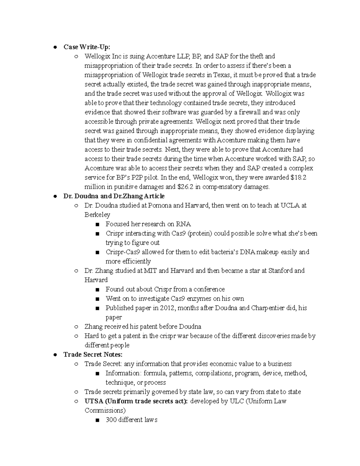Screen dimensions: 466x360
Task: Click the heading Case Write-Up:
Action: [x=87, y=47]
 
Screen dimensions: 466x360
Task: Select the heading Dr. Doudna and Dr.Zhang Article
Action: [x=114, y=196]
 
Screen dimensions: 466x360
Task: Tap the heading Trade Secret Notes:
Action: [x=93, y=355]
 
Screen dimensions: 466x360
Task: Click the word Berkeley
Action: [x=97, y=215]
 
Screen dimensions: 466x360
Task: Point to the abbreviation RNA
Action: [x=183, y=224]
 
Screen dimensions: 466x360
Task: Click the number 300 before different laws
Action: [x=111, y=420]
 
